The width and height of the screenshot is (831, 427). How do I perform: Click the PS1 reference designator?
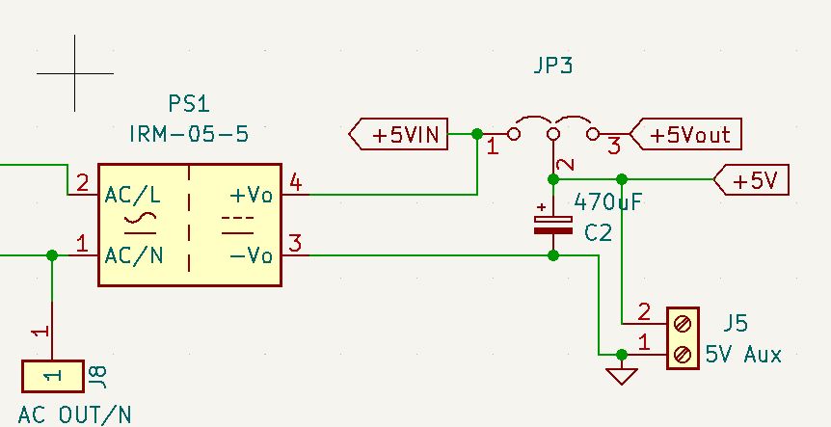pyautogui.click(x=188, y=103)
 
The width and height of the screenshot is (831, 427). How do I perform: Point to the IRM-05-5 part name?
pyautogui.click(x=188, y=134)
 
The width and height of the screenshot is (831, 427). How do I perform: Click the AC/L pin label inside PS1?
pyautogui.click(x=133, y=195)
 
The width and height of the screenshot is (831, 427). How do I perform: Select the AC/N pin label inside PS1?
pyautogui.click(x=133, y=255)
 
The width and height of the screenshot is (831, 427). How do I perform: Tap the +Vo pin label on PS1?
pyautogui.click(x=251, y=195)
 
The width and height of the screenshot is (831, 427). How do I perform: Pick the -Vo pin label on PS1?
pyautogui.click(x=251, y=255)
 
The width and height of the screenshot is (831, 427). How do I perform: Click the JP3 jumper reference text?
pyautogui.click(x=552, y=67)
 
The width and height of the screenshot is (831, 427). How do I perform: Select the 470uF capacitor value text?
pyautogui.click(x=608, y=202)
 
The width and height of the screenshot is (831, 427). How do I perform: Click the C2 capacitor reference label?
pyautogui.click(x=598, y=232)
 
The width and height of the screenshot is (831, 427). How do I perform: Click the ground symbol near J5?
pyautogui.click(x=622, y=374)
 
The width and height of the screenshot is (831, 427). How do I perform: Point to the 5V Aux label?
pyautogui.click(x=743, y=355)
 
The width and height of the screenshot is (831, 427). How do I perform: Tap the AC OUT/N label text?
pyautogui.click(x=75, y=414)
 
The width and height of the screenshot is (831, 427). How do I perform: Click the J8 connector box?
pyautogui.click(x=53, y=375)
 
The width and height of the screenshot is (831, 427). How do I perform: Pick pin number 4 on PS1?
pyautogui.click(x=295, y=183)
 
